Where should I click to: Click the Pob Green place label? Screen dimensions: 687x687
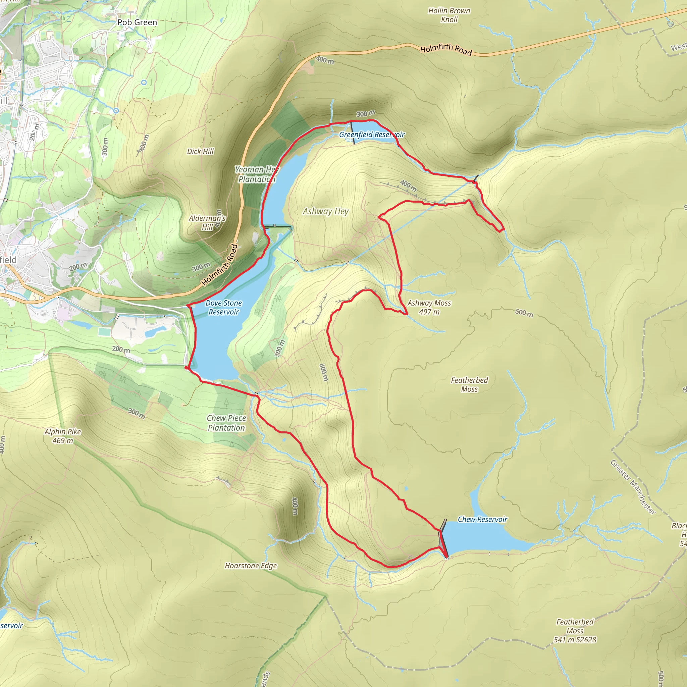click(x=137, y=22)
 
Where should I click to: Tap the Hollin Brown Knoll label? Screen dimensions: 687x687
click(x=449, y=15)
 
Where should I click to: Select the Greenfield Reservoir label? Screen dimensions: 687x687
click(x=372, y=135)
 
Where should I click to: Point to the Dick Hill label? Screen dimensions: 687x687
click(x=201, y=152)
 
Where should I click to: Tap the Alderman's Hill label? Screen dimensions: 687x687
click(x=207, y=222)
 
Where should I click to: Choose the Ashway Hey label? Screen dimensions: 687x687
click(x=325, y=211)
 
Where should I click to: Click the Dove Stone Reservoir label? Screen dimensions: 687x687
click(x=224, y=307)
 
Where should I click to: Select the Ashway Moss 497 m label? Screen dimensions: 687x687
click(x=429, y=307)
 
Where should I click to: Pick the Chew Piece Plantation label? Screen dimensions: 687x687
click(x=226, y=423)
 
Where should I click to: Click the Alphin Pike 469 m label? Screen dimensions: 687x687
click(x=63, y=436)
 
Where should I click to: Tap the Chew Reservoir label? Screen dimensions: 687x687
click(x=482, y=519)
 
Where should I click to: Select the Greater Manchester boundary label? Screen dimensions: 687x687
click(x=633, y=487)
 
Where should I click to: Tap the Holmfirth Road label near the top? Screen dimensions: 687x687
click(x=446, y=49)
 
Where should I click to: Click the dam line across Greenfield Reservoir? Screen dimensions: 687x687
click(x=353, y=133)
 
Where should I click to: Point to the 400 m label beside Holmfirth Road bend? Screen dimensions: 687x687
click(x=325, y=60)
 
